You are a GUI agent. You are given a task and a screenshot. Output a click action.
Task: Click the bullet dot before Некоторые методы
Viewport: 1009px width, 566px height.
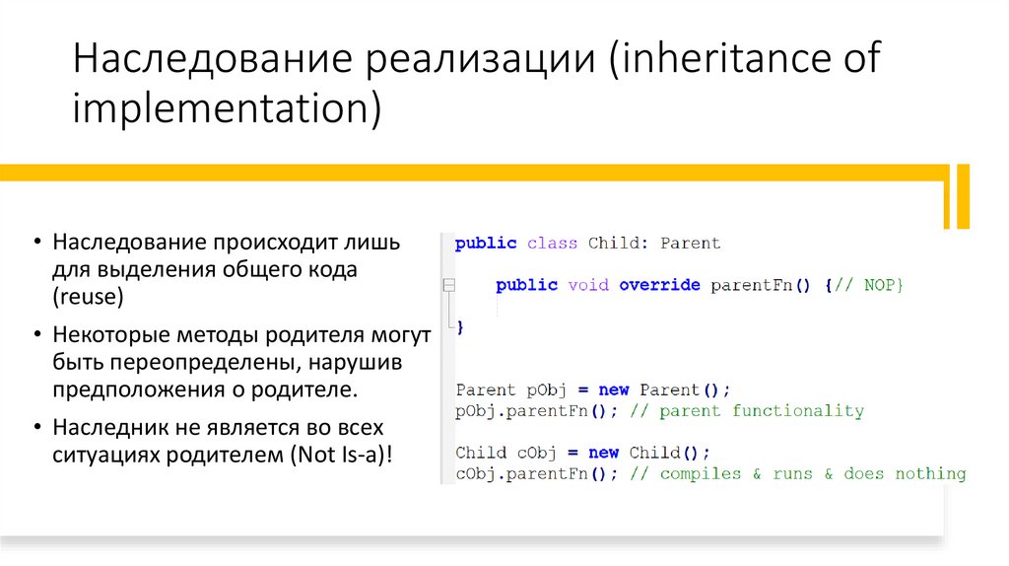pyautogui.click(x=35, y=335)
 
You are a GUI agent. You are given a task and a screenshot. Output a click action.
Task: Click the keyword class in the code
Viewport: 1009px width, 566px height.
pyautogui.click(x=552, y=244)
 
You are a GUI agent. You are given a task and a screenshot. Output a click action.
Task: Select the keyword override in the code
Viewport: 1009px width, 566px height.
pyautogui.click(x=659, y=285)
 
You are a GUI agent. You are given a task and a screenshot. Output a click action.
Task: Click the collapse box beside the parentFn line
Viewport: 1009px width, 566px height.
pyautogui.click(x=448, y=285)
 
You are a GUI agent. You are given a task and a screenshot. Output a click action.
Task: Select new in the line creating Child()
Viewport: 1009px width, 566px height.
pyautogui.click(x=603, y=453)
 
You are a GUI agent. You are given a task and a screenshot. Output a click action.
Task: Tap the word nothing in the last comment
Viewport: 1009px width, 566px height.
pyautogui.click(x=930, y=474)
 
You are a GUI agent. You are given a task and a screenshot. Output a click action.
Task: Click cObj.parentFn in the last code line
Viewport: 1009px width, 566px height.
pyautogui.click(x=520, y=474)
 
